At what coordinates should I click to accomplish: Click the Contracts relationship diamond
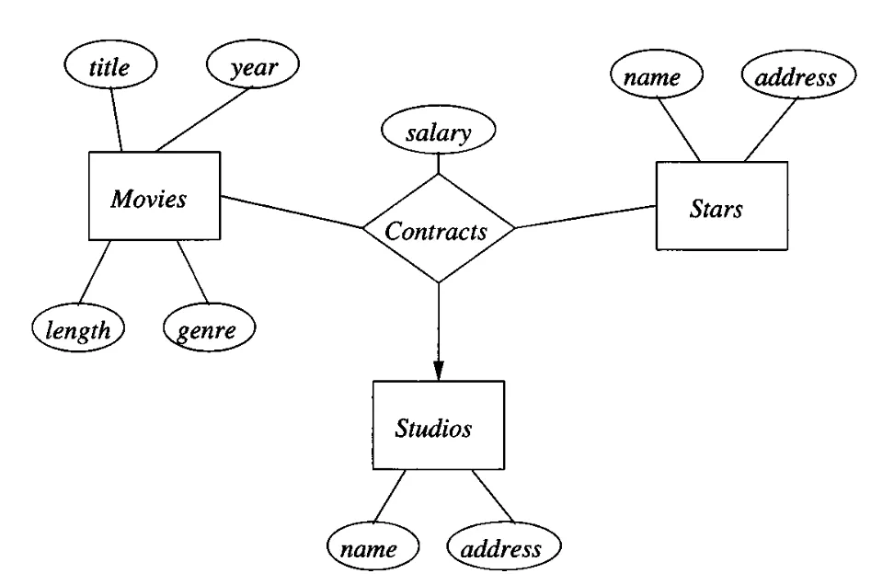[438, 229]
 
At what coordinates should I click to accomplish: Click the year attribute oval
[254, 66]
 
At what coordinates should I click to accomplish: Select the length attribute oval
[78, 328]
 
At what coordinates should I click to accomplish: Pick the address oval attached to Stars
[797, 77]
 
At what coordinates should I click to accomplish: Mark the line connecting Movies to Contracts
[292, 212]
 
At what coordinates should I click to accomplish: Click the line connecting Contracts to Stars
[585, 216]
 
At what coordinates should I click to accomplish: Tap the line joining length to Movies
[96, 271]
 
